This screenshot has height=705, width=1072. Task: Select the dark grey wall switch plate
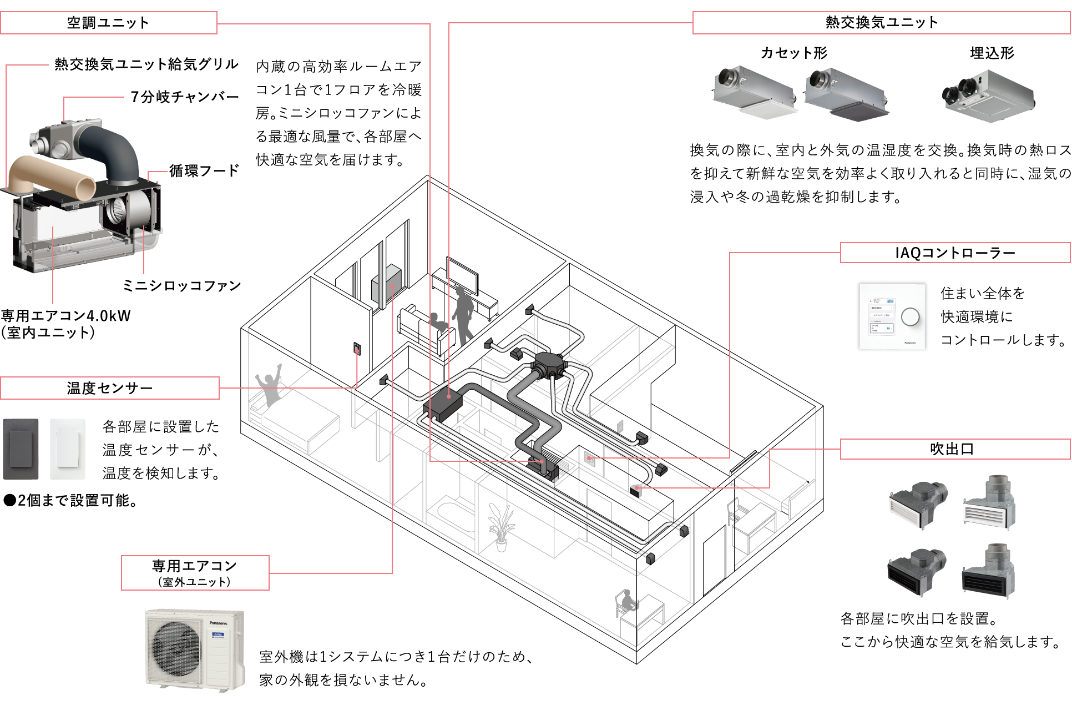[21, 449]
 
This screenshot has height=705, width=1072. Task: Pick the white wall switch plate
[68, 449]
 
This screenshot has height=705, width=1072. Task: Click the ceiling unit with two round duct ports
[989, 95]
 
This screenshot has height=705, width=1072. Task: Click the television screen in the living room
[463, 276]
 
